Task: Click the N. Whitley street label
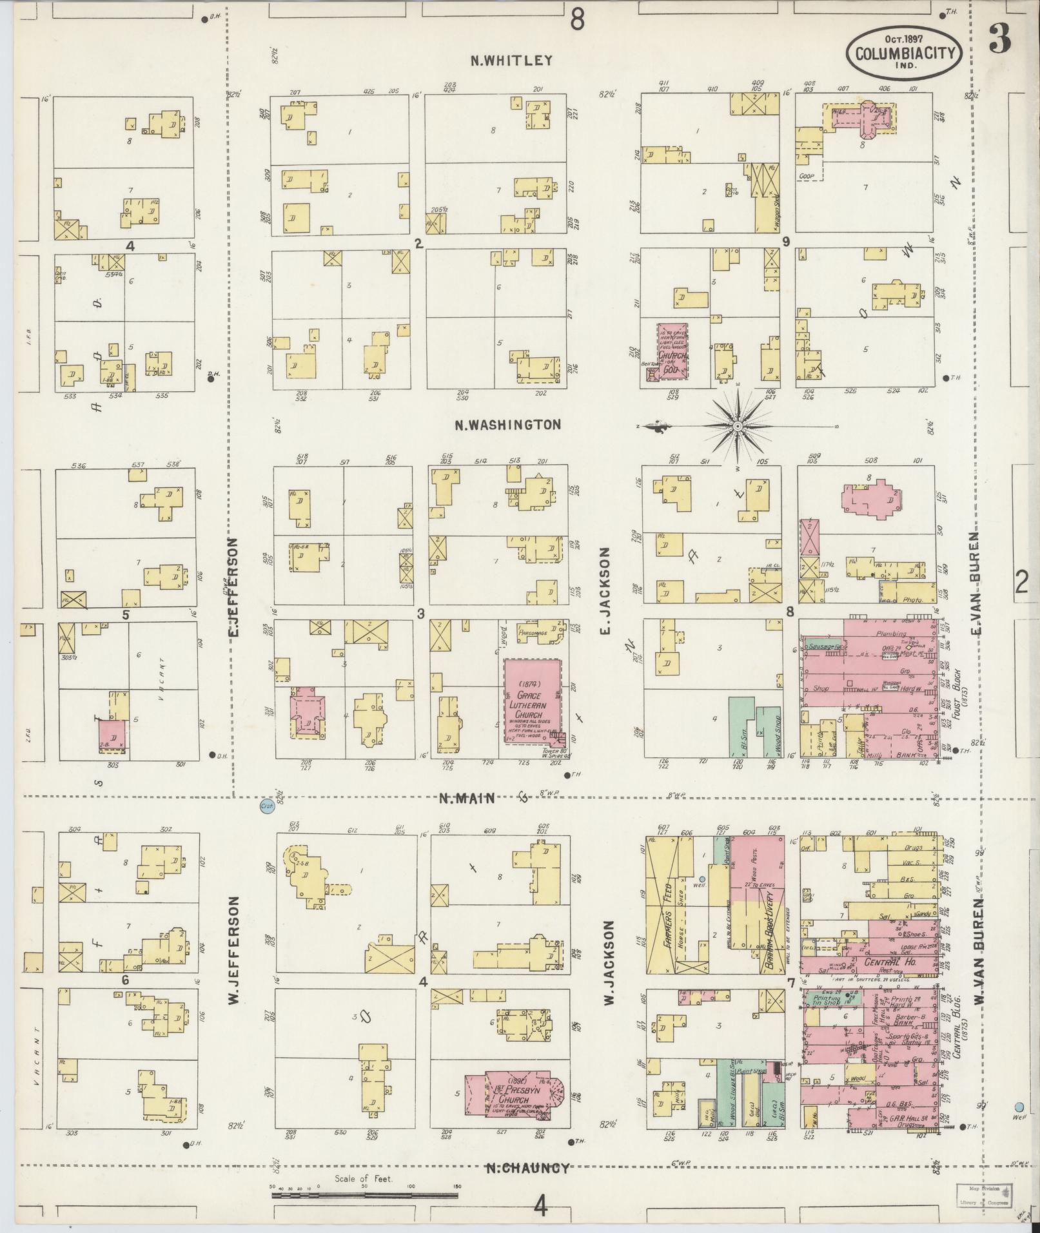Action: click(511, 61)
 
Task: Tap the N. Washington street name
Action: click(507, 425)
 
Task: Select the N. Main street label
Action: click(467, 798)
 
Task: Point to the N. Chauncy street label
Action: click(527, 1168)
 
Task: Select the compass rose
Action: click(739, 425)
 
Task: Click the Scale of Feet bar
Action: click(364, 1196)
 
